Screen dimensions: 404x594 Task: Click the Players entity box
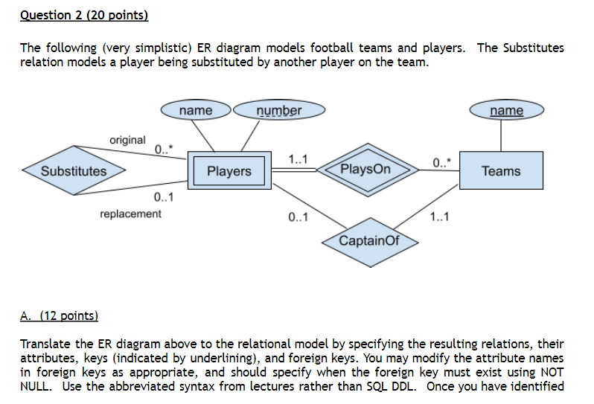click(x=229, y=171)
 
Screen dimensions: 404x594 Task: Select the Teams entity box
click(x=501, y=171)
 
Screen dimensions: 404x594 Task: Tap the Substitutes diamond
click(x=74, y=171)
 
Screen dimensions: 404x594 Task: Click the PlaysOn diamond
click(x=365, y=170)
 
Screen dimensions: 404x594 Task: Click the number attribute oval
click(x=279, y=111)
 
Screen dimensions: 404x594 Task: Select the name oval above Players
click(x=196, y=111)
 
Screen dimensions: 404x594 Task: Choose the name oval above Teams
click(x=507, y=111)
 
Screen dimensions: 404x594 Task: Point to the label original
click(x=127, y=140)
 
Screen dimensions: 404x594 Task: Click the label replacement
click(x=130, y=214)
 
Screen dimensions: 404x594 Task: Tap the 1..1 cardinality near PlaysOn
click(x=299, y=158)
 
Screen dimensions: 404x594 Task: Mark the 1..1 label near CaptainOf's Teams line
click(x=440, y=218)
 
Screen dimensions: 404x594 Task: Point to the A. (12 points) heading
click(x=59, y=315)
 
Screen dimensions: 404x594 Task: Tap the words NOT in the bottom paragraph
click(x=552, y=371)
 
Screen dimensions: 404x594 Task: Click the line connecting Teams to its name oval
click(x=501, y=134)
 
